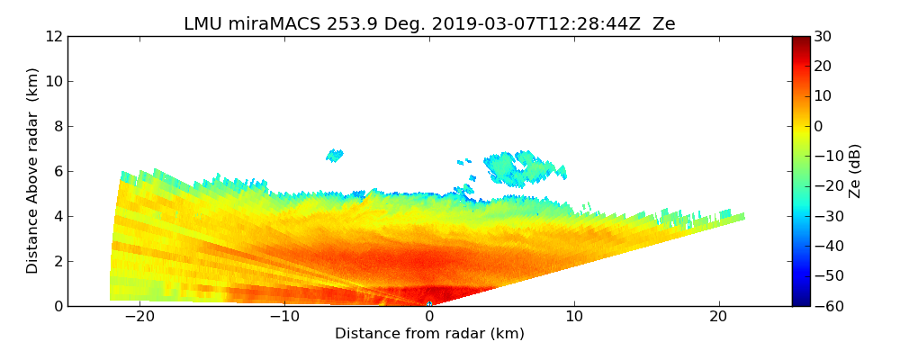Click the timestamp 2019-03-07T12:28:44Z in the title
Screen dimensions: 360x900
click(x=509, y=24)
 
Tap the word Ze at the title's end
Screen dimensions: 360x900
click(x=664, y=24)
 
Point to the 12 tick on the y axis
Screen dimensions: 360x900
click(x=55, y=37)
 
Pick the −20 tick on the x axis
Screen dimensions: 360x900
click(x=139, y=317)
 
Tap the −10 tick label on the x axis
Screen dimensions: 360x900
click(x=284, y=317)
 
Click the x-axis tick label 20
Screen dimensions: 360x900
click(x=718, y=317)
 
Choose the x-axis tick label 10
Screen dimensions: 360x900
click(x=573, y=317)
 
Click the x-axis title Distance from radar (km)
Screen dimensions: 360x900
click(x=429, y=334)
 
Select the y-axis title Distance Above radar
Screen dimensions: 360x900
click(x=33, y=171)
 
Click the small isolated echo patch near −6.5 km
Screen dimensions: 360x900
click(x=335, y=156)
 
